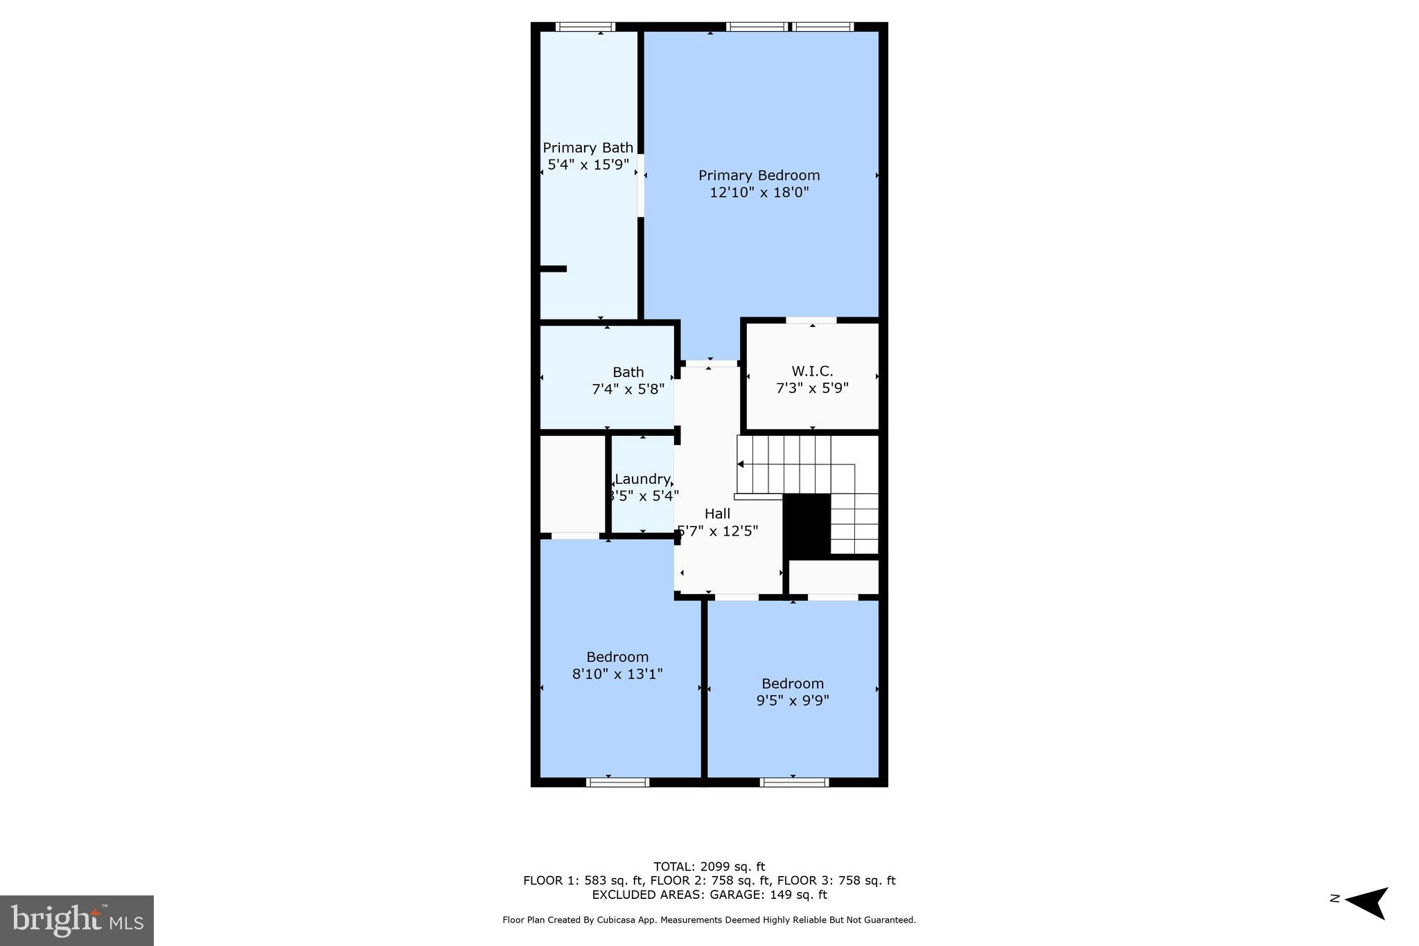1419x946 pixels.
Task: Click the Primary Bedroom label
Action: [x=759, y=175]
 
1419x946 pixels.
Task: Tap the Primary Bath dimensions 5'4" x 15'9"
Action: [x=588, y=165]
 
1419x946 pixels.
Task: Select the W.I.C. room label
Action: [x=812, y=371]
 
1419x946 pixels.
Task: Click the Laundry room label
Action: [x=642, y=479]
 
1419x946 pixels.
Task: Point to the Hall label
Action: [x=717, y=514]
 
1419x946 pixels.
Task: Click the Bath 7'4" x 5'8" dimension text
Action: [x=628, y=389]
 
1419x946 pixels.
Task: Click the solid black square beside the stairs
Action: [x=807, y=524]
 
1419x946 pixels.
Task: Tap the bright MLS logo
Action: [x=77, y=920]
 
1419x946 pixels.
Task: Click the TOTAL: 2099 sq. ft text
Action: [x=709, y=866]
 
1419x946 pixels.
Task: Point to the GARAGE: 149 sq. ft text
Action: [x=768, y=895]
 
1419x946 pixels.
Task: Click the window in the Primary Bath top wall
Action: [x=585, y=27]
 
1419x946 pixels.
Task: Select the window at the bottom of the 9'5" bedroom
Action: [x=794, y=782]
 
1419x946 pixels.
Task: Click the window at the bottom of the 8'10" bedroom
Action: [x=617, y=782]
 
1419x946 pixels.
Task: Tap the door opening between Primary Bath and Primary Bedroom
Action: [x=641, y=185]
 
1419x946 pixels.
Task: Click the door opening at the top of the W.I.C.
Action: [x=811, y=320]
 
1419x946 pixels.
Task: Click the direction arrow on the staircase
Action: [x=741, y=464]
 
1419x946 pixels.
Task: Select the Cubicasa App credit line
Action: [x=709, y=920]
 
